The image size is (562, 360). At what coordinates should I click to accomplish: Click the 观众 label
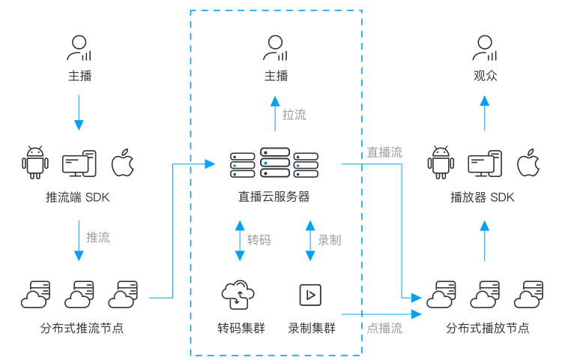pos(485,76)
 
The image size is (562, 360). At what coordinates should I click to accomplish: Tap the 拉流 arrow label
pos(294,115)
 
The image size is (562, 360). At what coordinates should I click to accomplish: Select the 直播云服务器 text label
pos(274,197)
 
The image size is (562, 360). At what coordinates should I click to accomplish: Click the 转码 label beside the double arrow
pos(259,240)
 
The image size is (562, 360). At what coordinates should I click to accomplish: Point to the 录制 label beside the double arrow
pos(329,240)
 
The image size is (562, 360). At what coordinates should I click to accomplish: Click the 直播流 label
pos(384,152)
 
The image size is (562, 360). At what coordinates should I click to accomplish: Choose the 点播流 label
pos(384,328)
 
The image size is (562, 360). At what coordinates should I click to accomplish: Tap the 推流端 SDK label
pos(78,198)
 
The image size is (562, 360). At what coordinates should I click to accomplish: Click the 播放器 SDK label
pos(482,198)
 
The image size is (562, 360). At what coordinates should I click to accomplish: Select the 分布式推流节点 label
pos(82,328)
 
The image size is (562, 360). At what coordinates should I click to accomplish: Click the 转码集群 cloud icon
pos(238,295)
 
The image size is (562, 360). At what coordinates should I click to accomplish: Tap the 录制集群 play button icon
pos(307,294)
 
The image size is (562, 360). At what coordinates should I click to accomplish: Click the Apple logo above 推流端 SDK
pos(122,163)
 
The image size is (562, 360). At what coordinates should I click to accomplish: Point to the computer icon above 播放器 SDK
pos(483,163)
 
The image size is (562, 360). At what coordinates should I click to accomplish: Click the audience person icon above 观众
pos(485,48)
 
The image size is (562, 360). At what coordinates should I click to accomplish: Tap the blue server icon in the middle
pos(274,163)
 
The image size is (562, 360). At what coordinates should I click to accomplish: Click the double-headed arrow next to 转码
pos(240,240)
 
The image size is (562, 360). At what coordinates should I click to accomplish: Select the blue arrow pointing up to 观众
pos(485,109)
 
